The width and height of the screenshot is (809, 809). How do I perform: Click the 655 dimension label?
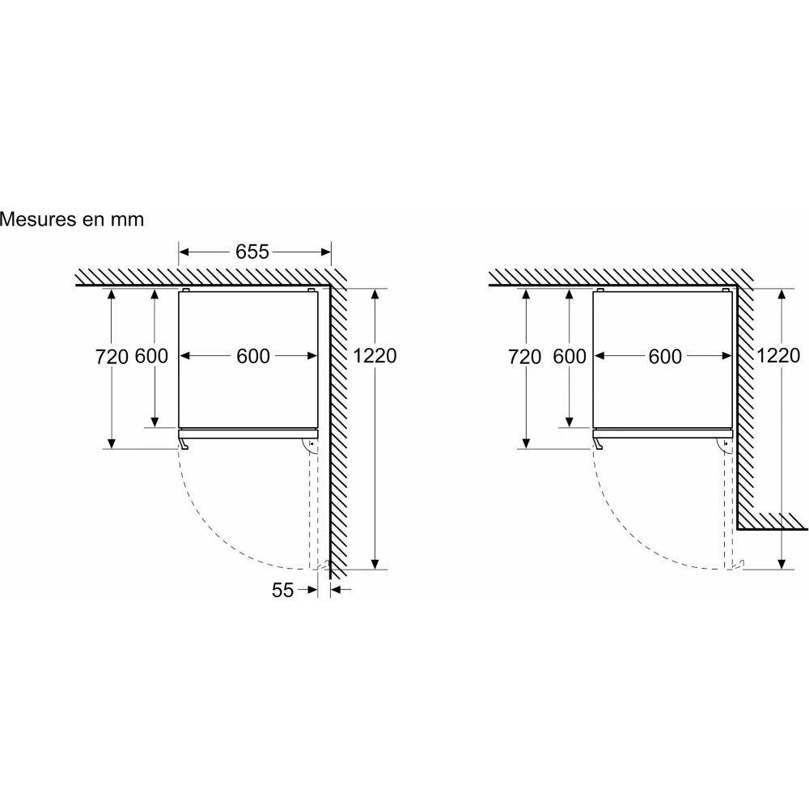252,252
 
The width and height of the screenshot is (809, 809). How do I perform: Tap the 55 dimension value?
282,591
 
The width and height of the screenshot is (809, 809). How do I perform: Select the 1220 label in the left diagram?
375,356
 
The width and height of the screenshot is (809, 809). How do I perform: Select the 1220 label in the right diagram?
778,355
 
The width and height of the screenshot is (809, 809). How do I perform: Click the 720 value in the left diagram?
112,357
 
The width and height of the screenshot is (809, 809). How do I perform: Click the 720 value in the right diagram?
525,357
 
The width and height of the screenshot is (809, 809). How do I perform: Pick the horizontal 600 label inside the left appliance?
253,356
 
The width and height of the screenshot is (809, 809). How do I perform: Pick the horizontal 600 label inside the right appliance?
666,357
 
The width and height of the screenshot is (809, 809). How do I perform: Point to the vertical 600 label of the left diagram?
152,356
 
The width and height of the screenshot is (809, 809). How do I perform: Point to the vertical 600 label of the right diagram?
570,357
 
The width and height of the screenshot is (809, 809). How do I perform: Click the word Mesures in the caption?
37,219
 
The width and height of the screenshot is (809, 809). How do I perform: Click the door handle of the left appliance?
184,443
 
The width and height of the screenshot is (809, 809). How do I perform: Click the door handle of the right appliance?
598,443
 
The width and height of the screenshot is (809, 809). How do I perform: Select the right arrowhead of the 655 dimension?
325,252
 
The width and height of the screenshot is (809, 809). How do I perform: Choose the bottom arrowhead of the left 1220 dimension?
375,564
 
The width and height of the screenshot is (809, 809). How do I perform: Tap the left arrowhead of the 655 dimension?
184,252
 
